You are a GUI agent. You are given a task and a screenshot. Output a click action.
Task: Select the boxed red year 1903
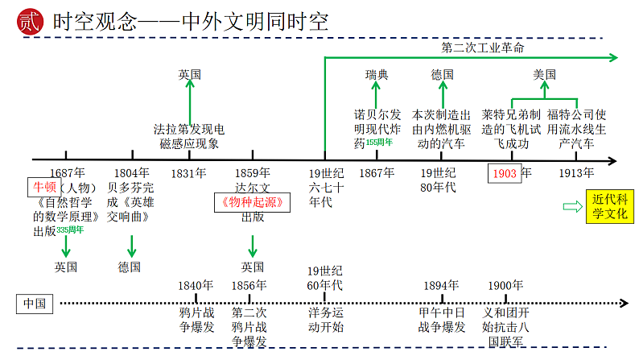[505, 173]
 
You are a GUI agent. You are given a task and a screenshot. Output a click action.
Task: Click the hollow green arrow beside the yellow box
[572, 207]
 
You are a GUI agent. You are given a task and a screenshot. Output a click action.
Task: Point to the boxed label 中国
[35, 304]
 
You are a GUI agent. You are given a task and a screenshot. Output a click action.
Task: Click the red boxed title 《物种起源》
[252, 202]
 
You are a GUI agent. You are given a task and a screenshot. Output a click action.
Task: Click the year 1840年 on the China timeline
[196, 285]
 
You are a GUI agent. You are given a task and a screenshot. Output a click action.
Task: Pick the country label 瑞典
[377, 75]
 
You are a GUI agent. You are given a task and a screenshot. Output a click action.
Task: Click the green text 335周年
[70, 230]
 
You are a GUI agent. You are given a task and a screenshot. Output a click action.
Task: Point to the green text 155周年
[379, 143]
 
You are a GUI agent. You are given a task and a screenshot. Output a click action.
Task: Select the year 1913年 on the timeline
[576, 172]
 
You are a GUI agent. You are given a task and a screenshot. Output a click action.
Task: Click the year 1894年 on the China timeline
[442, 285]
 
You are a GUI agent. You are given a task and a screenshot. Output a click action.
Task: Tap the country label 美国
[544, 75]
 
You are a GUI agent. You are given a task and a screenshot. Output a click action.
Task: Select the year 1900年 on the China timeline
[506, 285]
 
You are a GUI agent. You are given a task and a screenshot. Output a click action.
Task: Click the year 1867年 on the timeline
[377, 172]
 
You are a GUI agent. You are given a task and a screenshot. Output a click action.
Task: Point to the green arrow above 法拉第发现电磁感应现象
[190, 100]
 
